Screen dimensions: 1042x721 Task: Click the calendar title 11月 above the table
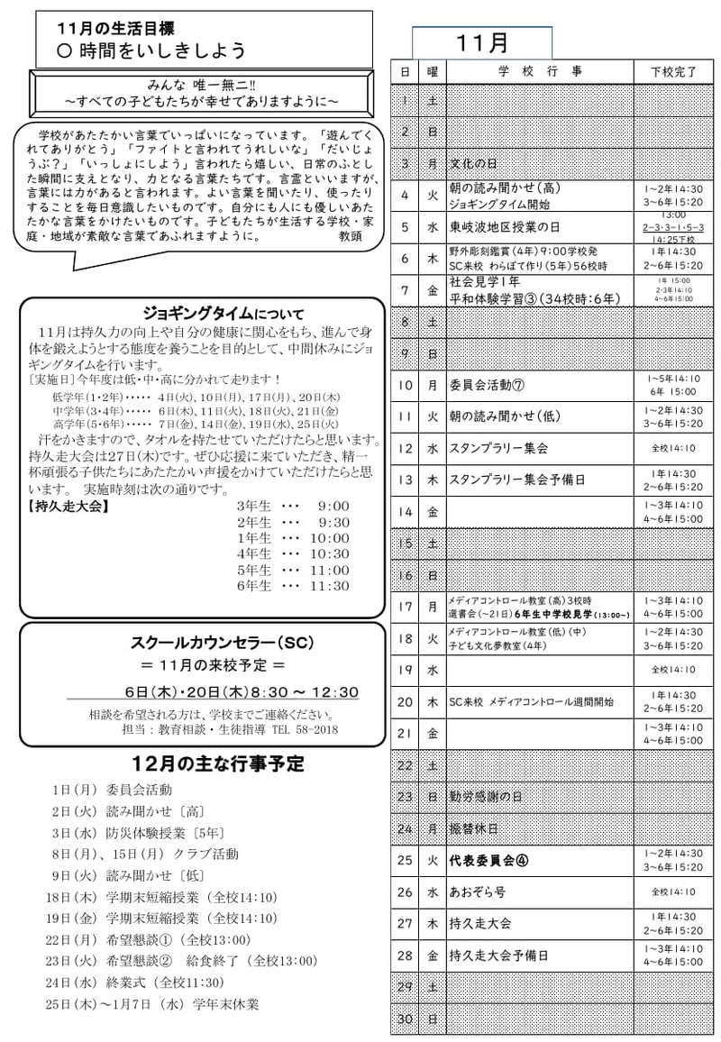coord(482,42)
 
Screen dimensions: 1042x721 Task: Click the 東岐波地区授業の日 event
coord(505,227)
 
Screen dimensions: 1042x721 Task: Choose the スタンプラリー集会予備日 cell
coord(511,480)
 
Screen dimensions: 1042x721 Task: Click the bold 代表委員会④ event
coord(489,860)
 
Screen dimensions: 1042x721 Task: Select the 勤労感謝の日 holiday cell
coord(486,797)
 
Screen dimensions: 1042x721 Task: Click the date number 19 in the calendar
coord(405,670)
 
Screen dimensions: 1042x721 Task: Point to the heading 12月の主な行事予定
coord(217,764)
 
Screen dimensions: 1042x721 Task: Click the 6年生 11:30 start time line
coord(292,586)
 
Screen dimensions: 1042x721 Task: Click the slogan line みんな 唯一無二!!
coord(201,83)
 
